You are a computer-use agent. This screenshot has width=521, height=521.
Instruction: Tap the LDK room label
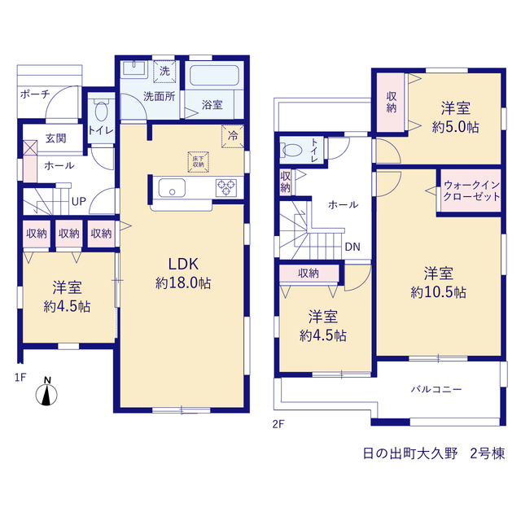point(183,264)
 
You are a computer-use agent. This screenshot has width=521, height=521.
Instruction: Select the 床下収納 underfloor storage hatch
point(199,162)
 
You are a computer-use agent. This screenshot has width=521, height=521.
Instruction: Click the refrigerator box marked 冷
point(233,136)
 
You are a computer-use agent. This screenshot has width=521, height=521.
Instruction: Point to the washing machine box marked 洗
point(164,71)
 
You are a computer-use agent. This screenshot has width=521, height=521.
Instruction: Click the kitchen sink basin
point(172,188)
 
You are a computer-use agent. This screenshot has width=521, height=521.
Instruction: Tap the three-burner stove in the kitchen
point(226,188)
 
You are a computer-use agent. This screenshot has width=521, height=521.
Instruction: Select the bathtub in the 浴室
point(214,76)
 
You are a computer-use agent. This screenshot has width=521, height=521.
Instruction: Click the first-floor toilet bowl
point(101,110)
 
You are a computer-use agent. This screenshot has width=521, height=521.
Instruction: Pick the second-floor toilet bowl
point(291,150)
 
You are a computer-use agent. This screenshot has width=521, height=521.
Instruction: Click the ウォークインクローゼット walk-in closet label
point(471,190)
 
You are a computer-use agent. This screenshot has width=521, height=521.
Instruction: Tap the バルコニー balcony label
point(436,389)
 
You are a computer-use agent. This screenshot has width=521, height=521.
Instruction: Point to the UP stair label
point(79,201)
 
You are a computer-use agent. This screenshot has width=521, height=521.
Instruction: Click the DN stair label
point(352,247)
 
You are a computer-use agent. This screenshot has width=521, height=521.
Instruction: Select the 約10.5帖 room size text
point(438,292)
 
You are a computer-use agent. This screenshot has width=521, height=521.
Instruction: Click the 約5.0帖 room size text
point(456,127)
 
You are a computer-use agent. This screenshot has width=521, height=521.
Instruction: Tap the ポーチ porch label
point(35,94)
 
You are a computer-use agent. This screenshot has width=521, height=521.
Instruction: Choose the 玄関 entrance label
point(56,138)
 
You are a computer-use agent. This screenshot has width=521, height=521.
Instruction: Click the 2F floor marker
point(278,424)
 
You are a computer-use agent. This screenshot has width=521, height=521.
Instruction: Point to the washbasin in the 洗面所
point(134,68)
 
